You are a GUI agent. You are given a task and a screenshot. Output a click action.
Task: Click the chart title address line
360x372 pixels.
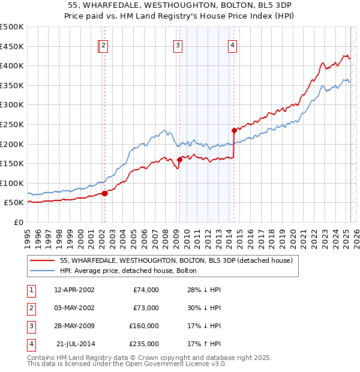click(x=180, y=6)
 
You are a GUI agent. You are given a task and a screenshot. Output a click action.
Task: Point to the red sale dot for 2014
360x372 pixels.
click(x=234, y=130)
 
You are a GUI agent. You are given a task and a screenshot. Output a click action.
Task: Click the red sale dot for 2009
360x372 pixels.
click(x=179, y=159)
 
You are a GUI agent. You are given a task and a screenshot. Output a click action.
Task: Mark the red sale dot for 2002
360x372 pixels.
click(x=104, y=193)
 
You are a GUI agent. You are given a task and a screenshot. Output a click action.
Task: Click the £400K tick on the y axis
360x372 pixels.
click(x=12, y=65)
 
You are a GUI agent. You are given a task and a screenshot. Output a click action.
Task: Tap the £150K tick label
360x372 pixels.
click(x=12, y=163)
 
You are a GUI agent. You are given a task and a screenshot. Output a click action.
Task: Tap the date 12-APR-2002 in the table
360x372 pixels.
click(x=74, y=290)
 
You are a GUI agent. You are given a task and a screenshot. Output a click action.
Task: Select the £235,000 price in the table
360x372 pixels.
click(x=145, y=344)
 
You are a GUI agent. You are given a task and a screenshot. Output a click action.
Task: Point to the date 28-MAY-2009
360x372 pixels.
click(x=74, y=326)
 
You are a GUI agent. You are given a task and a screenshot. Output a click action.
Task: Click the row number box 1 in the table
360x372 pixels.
click(x=31, y=290)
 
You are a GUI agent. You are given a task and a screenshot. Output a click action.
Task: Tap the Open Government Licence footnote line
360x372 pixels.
click(x=127, y=364)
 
